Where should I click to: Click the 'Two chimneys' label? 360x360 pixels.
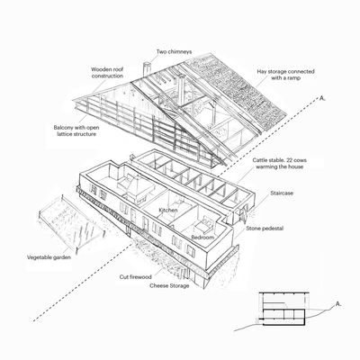coord(174,52)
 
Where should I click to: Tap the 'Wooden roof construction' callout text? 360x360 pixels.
coord(107,73)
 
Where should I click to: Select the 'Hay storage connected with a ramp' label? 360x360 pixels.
coord(285,75)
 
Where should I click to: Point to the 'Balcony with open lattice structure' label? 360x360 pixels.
coord(76,130)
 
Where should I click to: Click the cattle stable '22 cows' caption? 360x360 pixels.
coord(279,164)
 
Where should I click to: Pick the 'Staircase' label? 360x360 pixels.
coord(282,193)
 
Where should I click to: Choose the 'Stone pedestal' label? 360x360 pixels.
coord(265,229)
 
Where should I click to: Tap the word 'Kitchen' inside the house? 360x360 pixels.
coord(168,210)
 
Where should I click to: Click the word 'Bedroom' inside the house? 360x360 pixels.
coord(202,238)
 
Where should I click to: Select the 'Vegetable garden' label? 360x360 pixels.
coord(49,257)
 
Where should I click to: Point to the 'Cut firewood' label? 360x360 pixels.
coord(136,277)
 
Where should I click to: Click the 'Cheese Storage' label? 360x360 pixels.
coord(169,286)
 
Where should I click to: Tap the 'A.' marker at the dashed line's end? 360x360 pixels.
coord(322,98)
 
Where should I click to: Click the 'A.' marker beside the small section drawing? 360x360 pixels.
coord(338,304)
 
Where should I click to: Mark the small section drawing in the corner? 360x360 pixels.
coord(283,309)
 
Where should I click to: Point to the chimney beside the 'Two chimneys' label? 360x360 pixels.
coord(147,69)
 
